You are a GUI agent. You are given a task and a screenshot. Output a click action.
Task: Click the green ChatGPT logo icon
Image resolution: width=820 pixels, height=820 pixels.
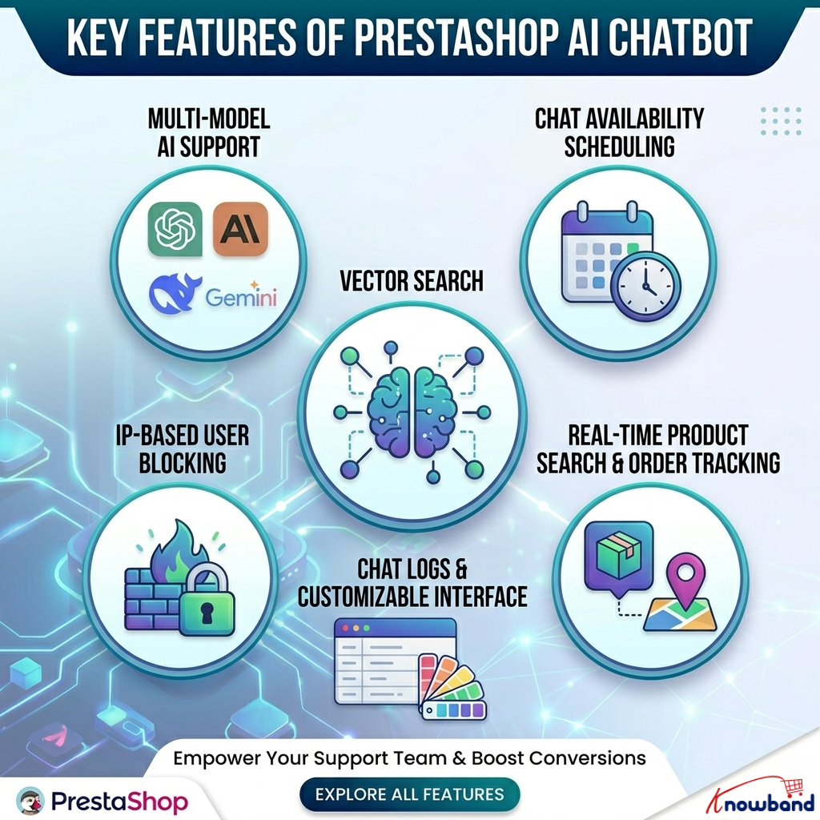click(175, 230)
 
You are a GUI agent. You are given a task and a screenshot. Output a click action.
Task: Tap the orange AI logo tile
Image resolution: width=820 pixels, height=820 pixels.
click(240, 230)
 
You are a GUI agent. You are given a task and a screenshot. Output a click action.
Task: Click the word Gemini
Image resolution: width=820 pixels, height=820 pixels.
click(241, 298)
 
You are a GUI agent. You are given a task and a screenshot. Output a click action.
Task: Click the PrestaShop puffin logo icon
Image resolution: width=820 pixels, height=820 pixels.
click(30, 800)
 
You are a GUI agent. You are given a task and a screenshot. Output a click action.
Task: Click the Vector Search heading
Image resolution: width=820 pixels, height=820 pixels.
click(412, 281)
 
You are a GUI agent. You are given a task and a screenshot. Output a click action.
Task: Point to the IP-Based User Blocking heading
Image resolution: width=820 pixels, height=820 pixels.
click(183, 448)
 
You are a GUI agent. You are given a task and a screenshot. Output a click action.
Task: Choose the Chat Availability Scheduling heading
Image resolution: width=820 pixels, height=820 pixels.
click(619, 132)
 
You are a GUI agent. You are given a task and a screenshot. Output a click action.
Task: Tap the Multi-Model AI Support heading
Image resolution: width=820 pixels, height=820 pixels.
click(209, 132)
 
